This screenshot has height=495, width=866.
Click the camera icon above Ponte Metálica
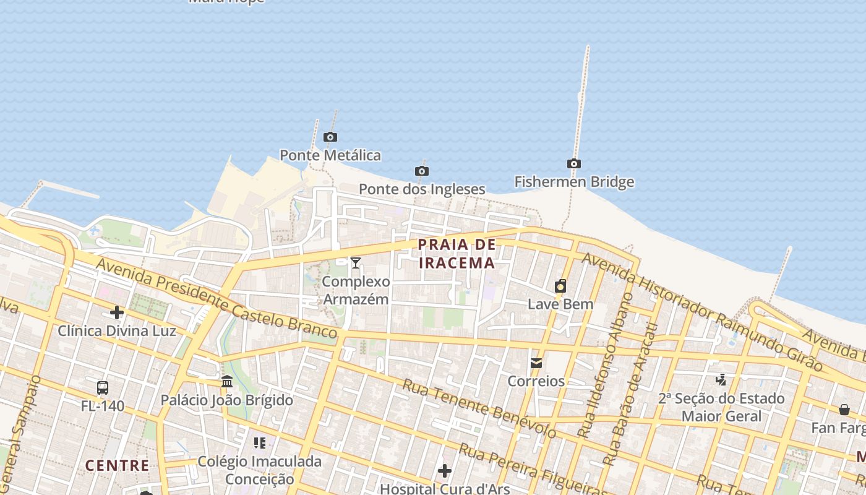(x=330, y=137)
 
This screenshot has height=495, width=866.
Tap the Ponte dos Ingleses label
(x=422, y=189)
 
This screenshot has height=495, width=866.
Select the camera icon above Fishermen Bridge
(x=574, y=163)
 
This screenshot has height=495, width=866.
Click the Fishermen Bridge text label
(x=574, y=182)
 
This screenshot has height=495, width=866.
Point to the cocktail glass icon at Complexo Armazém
(x=356, y=263)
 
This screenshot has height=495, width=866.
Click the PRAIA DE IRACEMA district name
(x=457, y=253)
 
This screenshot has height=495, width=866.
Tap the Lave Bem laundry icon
(x=560, y=286)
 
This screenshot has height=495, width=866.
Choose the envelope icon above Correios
(x=536, y=363)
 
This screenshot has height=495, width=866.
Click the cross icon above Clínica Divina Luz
(x=117, y=312)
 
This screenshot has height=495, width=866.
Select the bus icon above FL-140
(x=103, y=388)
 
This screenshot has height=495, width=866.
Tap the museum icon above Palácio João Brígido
(x=227, y=381)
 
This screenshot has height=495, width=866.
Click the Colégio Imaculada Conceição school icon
(x=260, y=443)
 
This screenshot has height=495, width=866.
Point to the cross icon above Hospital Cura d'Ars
(x=445, y=471)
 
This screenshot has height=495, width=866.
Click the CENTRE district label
(x=117, y=465)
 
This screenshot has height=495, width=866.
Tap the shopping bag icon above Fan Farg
(x=844, y=410)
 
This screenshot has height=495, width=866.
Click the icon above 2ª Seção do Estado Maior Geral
(x=721, y=379)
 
